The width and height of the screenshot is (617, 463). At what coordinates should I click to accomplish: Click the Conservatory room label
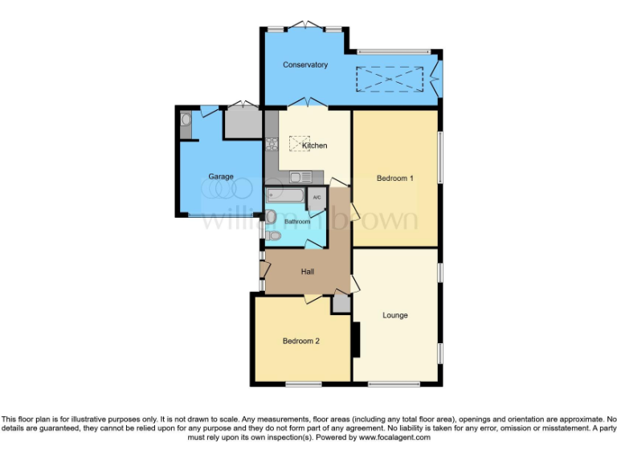[x=305, y=64]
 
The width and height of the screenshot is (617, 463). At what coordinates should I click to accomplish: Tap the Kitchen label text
[x=314, y=145]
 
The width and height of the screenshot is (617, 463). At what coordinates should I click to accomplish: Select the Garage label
[x=221, y=177]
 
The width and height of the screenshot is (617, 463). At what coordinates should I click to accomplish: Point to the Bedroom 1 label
[x=395, y=178]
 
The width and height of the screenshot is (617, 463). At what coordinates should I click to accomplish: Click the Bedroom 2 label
[x=301, y=341]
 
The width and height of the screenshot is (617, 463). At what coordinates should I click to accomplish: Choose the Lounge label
[x=395, y=315]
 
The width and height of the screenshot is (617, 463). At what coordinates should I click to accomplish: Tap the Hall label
[x=307, y=272]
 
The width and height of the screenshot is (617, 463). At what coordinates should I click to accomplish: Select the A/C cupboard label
[x=317, y=198]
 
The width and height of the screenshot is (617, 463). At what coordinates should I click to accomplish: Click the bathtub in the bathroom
[x=285, y=195]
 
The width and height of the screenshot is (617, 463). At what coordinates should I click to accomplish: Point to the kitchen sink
[x=300, y=177]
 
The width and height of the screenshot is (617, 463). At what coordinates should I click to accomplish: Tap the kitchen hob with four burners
[x=272, y=144]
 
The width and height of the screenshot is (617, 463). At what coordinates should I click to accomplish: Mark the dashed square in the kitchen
[x=299, y=143]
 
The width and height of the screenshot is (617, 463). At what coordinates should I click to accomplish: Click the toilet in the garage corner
[x=186, y=121]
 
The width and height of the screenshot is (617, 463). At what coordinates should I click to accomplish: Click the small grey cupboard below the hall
[x=341, y=304]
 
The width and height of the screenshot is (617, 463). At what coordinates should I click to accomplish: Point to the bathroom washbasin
[x=272, y=216]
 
